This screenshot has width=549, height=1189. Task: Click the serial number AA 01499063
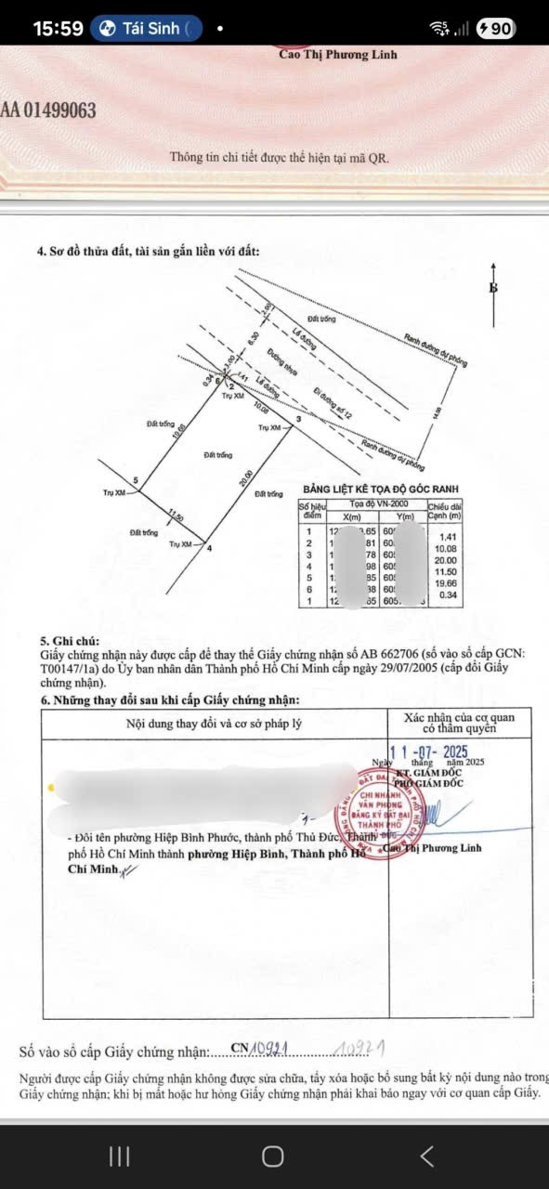(48, 111)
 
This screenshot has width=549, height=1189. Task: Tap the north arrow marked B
(493, 288)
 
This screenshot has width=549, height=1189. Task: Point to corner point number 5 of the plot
(136, 480)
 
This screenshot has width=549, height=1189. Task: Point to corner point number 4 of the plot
(209, 548)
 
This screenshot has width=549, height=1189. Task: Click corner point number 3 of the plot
(297, 420)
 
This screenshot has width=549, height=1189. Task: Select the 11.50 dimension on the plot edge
(176, 514)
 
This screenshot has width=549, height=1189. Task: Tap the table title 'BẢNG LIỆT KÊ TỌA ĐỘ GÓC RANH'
(380, 490)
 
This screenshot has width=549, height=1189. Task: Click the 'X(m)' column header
(353, 516)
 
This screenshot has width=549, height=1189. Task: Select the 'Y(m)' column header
(403, 516)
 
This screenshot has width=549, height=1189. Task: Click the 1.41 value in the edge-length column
(450, 536)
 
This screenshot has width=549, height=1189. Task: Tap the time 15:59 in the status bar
(58, 29)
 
